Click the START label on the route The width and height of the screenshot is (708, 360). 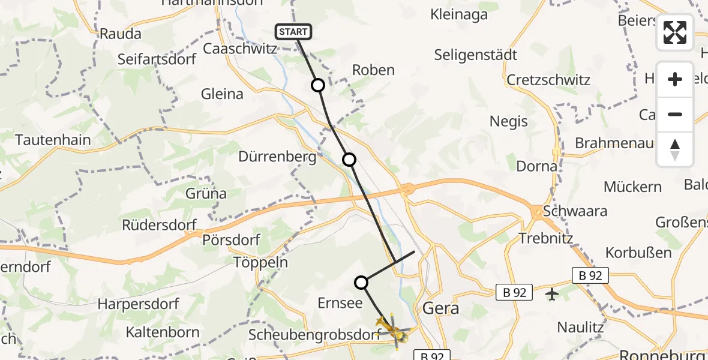point(293,32)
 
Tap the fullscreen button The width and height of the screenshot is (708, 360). point(675,32)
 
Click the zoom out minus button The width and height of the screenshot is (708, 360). point(675,114)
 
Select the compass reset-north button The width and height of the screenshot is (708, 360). point(675,149)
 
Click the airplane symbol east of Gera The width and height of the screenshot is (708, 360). point(552,294)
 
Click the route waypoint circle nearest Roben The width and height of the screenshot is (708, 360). point(318,85)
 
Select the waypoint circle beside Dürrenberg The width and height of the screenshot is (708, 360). point(349,160)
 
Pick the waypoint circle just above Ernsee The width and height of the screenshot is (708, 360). point(361,282)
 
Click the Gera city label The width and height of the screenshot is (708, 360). point(441,308)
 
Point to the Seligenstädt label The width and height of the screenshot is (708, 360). point(475,55)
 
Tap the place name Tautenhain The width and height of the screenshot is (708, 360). point(53,140)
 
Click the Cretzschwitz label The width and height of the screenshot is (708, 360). point(548,80)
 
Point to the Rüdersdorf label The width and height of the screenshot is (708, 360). point(159,225)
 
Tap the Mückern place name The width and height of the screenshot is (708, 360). point(632,187)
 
